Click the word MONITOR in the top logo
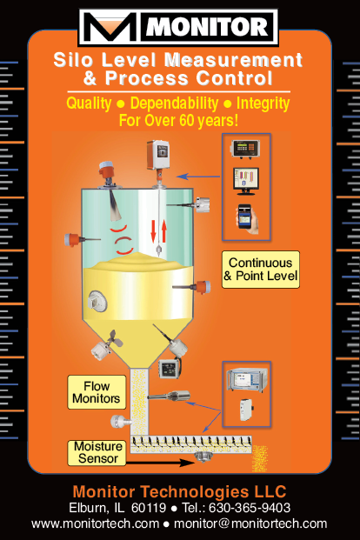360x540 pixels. (207, 27)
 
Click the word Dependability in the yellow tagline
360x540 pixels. (174, 103)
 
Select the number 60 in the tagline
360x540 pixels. (186, 121)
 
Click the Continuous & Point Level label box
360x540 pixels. (261, 270)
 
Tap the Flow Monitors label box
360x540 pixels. (97, 392)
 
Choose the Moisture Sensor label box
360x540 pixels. (97, 453)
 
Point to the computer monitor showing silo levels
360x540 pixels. (245, 181)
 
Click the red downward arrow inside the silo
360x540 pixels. (153, 231)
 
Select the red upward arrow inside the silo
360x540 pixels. (164, 231)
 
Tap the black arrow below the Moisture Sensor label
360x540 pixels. (160, 463)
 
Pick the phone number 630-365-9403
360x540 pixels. (250, 508)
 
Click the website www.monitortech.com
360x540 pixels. (95, 523)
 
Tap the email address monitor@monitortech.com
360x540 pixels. (250, 523)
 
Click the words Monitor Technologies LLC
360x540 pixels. (179, 491)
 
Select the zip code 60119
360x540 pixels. (149, 508)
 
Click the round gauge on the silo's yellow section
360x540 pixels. (97, 302)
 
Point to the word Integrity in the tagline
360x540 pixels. (263, 104)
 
